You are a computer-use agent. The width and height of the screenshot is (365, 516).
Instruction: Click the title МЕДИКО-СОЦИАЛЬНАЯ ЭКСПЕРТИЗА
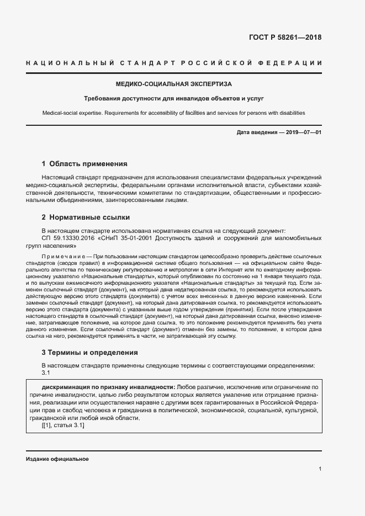point(173,84)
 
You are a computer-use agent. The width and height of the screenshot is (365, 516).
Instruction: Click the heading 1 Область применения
point(84,164)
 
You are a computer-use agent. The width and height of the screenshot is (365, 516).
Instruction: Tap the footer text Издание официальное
point(57,459)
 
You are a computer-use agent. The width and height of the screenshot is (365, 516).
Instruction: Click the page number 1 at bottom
point(320,469)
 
